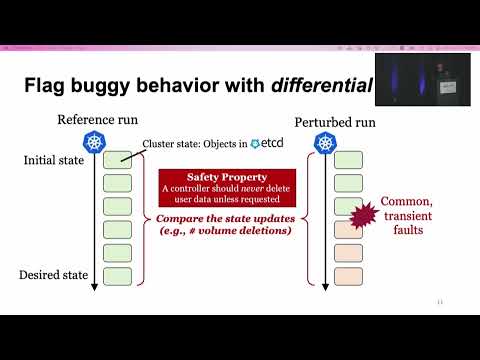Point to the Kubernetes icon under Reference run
click(97, 143)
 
